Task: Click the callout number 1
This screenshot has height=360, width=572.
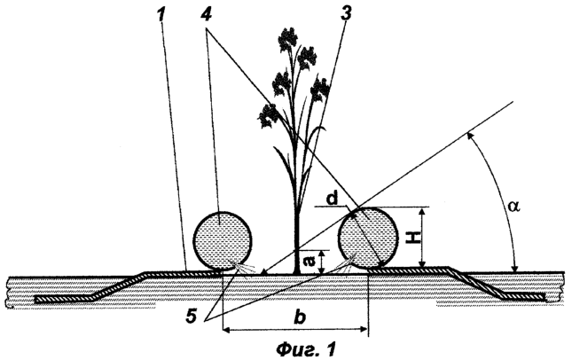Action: pyautogui.click(x=161, y=14)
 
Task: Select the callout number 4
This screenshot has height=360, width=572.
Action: pyautogui.click(x=208, y=14)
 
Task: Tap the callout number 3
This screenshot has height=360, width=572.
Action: pyautogui.click(x=345, y=14)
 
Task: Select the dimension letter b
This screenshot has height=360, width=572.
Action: pyautogui.click(x=300, y=317)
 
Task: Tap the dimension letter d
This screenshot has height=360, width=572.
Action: pyautogui.click(x=332, y=200)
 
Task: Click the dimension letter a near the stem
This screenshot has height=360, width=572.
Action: pyautogui.click(x=308, y=261)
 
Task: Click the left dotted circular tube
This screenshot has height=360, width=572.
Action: pyautogui.click(x=223, y=241)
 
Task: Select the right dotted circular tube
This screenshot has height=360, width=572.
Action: pyautogui.click(x=368, y=239)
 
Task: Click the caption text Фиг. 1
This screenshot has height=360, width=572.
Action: pyautogui.click(x=305, y=349)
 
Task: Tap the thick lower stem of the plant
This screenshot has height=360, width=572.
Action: pyautogui.click(x=297, y=244)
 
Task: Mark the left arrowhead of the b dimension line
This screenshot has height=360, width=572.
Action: pyautogui.click(x=226, y=330)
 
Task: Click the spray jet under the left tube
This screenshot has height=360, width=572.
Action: pyautogui.click(x=243, y=269)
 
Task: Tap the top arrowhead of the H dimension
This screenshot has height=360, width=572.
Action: pyautogui.click(x=422, y=212)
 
